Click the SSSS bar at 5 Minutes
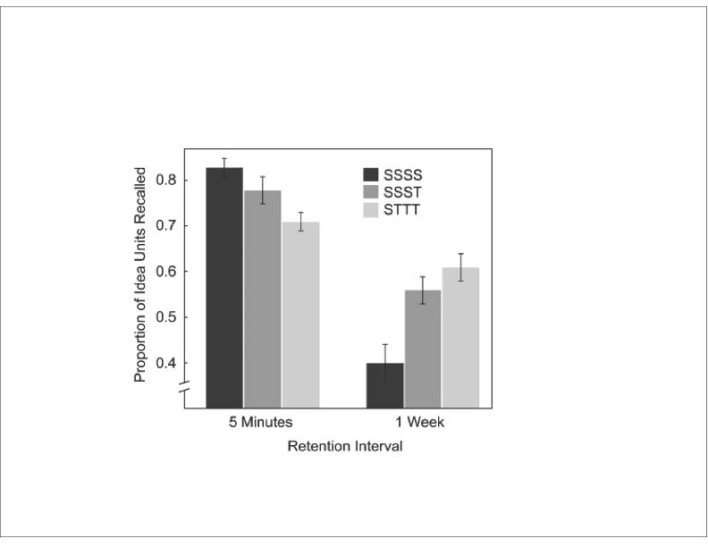(x=224, y=287)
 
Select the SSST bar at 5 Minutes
(x=262, y=299)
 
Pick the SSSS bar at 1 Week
(x=385, y=385)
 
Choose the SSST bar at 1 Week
(x=423, y=349)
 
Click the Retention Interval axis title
(x=344, y=446)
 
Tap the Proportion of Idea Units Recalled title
(x=140, y=274)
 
